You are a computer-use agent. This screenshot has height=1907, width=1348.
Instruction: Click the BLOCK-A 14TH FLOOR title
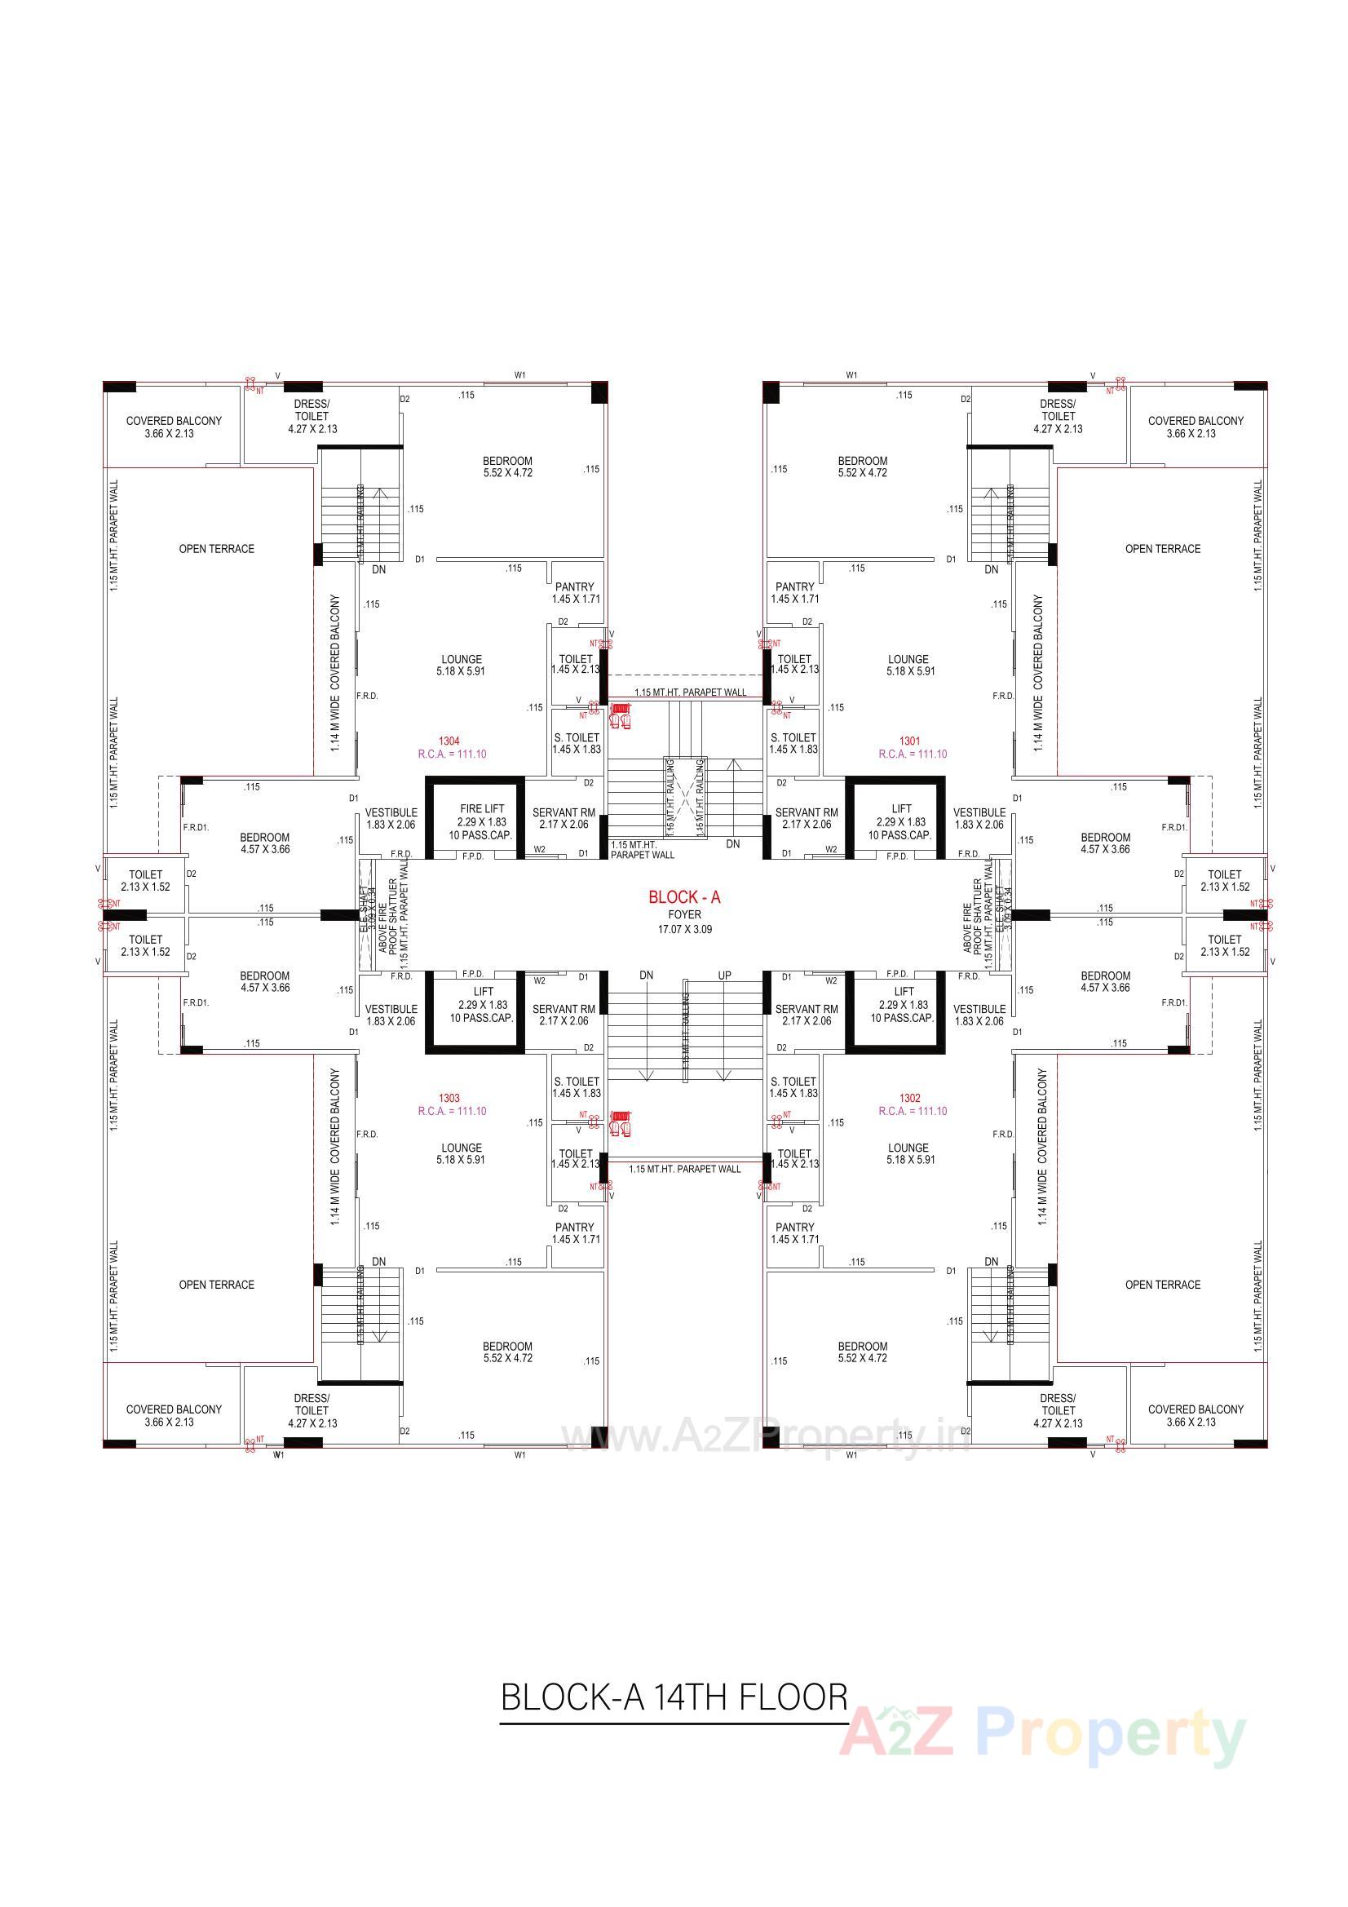(x=674, y=1697)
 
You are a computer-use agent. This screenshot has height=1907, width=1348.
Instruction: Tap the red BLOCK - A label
(x=684, y=897)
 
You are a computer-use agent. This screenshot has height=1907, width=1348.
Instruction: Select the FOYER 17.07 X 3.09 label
(x=684, y=922)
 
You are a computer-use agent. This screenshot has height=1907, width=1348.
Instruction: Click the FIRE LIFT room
(x=482, y=821)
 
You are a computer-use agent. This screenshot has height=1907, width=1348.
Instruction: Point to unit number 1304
(x=449, y=741)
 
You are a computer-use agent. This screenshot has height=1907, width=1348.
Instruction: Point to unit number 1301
(x=909, y=741)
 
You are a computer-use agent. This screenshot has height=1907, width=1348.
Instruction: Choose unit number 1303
(x=449, y=1098)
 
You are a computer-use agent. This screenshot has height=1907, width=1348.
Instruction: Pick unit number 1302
(x=909, y=1098)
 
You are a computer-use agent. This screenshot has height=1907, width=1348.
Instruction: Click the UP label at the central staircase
(x=724, y=975)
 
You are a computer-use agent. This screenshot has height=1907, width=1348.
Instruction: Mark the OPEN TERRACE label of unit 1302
(x=1162, y=1285)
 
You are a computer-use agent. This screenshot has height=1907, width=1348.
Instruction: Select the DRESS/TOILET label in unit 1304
(x=312, y=416)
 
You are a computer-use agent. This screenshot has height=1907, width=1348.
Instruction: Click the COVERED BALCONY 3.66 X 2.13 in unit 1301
(x=1196, y=427)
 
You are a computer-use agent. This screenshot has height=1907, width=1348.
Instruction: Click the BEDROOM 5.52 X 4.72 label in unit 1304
(x=506, y=467)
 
